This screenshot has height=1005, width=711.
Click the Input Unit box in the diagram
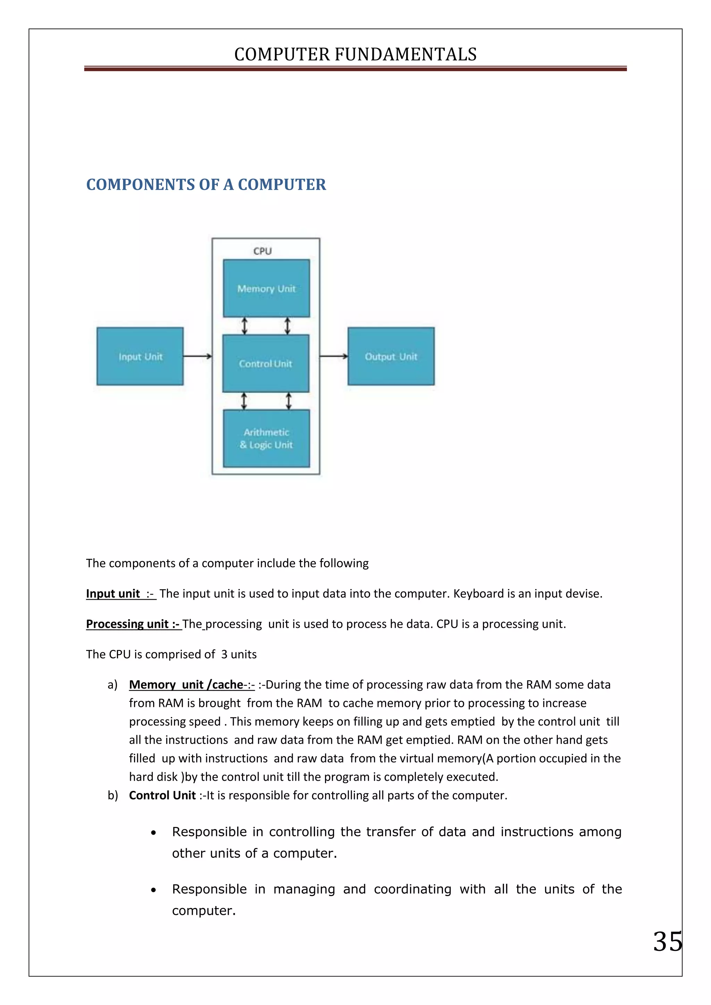tap(140, 356)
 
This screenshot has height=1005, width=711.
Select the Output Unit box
tap(391, 356)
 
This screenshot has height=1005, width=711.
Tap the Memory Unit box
tap(266, 288)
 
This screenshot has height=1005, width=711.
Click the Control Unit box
tap(266, 363)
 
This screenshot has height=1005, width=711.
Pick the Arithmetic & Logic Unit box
tap(266, 438)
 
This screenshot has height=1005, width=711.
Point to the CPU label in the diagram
tap(263, 251)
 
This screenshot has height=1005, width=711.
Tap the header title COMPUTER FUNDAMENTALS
tap(355, 54)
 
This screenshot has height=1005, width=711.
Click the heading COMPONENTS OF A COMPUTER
tap(206, 184)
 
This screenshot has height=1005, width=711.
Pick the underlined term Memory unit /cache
tap(186, 685)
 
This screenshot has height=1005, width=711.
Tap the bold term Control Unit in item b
tap(162, 795)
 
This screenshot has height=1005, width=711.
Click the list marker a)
tap(112, 685)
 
